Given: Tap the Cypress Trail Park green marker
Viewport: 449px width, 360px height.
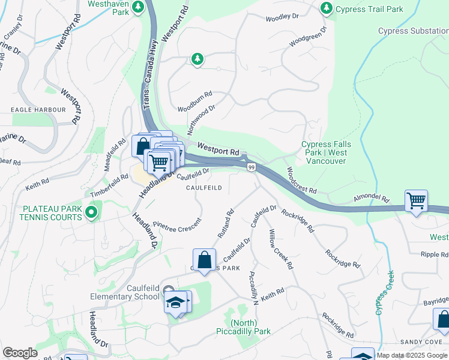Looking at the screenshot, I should pyautogui.click(x=327, y=8).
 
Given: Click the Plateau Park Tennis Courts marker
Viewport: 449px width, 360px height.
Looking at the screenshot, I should pyautogui.click(x=91, y=212).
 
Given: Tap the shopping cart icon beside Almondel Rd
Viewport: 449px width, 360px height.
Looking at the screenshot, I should pyautogui.click(x=416, y=202).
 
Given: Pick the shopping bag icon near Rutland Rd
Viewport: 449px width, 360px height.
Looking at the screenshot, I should pyautogui.click(x=204, y=260).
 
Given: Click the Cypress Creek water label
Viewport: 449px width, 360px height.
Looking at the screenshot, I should pyautogui.click(x=384, y=293).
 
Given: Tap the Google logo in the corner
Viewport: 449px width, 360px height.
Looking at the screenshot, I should pyautogui.click(x=20, y=353).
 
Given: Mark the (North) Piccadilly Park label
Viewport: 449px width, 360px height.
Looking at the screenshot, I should pyautogui.click(x=243, y=326).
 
